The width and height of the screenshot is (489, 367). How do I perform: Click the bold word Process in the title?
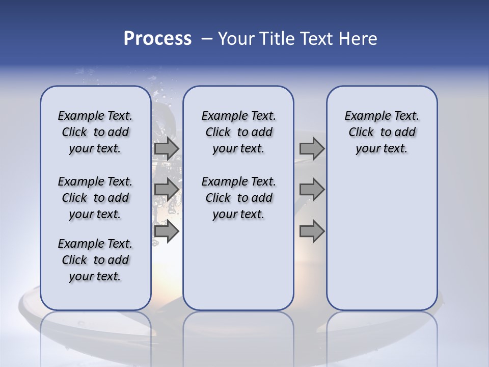coord(157,39)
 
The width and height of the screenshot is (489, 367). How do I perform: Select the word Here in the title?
coord(358,39)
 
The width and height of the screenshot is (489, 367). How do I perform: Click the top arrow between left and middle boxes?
coord(167,149)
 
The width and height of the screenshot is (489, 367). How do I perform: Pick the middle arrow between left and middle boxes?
coord(167,190)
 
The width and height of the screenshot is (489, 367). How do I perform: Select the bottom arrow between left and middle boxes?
coord(167,231)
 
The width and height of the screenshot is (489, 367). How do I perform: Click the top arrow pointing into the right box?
coord(312,149)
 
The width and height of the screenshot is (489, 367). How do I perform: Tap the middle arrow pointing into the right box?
coord(312,190)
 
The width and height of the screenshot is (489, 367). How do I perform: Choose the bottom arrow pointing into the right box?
coord(312,231)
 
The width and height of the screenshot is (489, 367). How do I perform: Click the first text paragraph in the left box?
coord(95,132)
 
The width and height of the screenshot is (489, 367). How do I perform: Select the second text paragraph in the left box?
coord(95,198)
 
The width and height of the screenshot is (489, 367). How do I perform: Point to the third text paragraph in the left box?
coord(95,260)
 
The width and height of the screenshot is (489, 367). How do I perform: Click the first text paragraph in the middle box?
coord(238,132)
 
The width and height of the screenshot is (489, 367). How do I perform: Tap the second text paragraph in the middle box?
coord(238,198)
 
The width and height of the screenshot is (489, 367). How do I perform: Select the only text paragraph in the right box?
coord(382,132)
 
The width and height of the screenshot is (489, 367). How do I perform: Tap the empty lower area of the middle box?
coord(238,265)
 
